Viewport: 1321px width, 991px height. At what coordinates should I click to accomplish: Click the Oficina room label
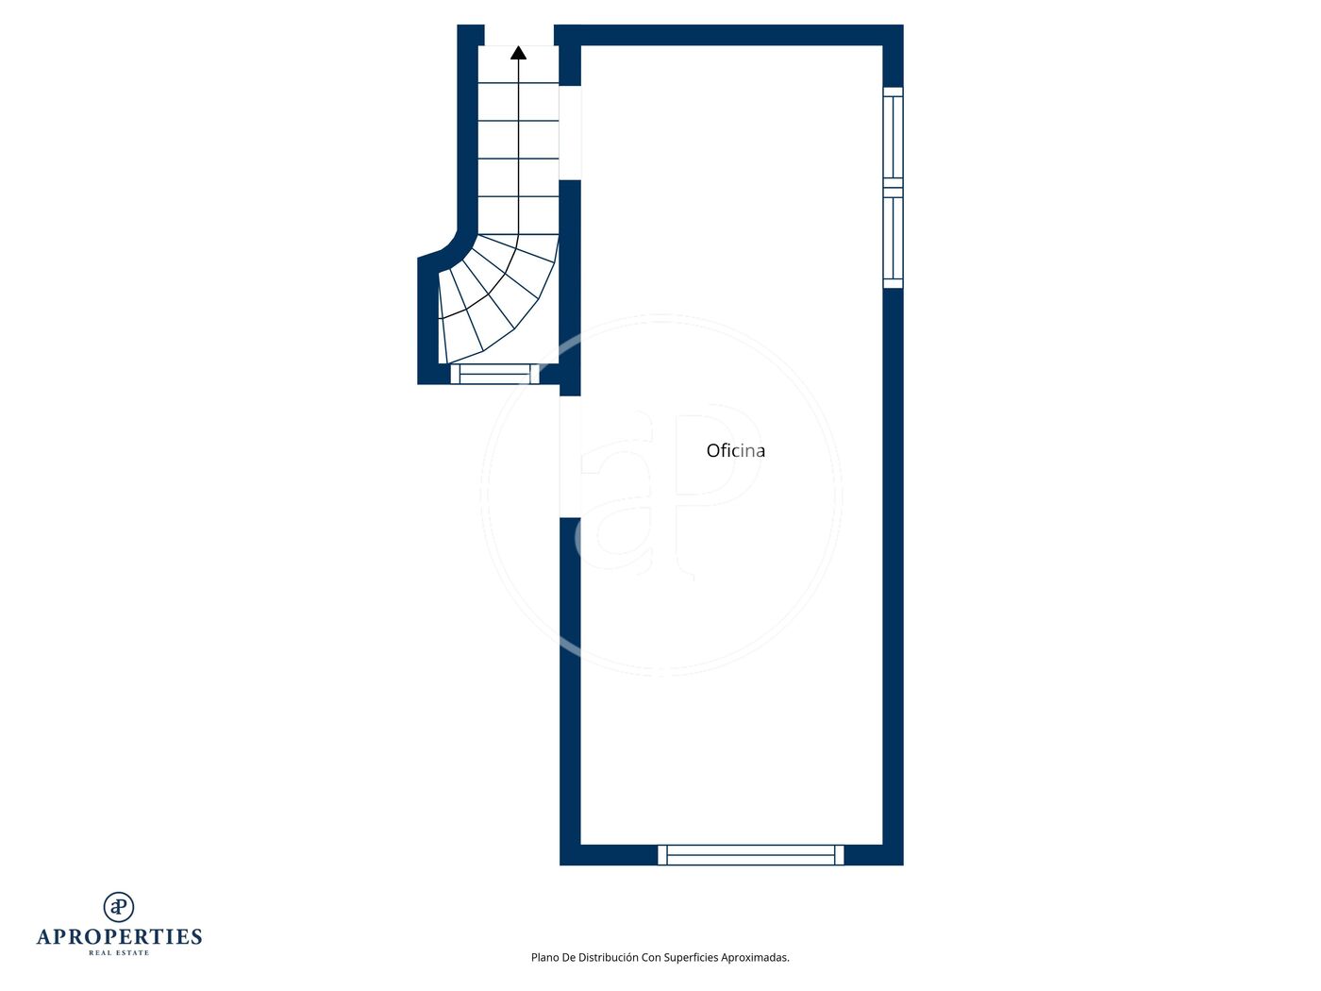click(735, 451)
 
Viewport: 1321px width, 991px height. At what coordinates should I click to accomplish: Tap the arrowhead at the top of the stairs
click(518, 53)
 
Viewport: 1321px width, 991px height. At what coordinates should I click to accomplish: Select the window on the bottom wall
click(750, 854)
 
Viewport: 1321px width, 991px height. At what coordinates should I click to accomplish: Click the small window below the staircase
click(494, 374)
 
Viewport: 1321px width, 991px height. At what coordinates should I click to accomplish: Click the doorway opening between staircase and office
click(570, 133)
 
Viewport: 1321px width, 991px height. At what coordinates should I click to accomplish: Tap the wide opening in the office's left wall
click(570, 457)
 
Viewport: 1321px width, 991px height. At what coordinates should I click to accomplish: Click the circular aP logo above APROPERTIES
click(119, 906)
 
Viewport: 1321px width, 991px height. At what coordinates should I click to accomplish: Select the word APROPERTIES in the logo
click(119, 936)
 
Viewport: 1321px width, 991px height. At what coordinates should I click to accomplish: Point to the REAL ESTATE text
click(119, 952)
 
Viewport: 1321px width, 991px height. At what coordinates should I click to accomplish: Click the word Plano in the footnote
click(544, 957)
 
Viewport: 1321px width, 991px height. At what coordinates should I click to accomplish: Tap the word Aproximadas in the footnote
click(755, 958)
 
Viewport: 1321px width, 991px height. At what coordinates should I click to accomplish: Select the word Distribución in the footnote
click(609, 957)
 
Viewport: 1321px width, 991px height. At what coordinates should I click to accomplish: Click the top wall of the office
click(728, 35)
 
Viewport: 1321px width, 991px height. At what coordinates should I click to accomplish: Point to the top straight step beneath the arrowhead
click(518, 64)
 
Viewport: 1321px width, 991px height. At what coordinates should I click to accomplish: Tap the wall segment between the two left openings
click(570, 288)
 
